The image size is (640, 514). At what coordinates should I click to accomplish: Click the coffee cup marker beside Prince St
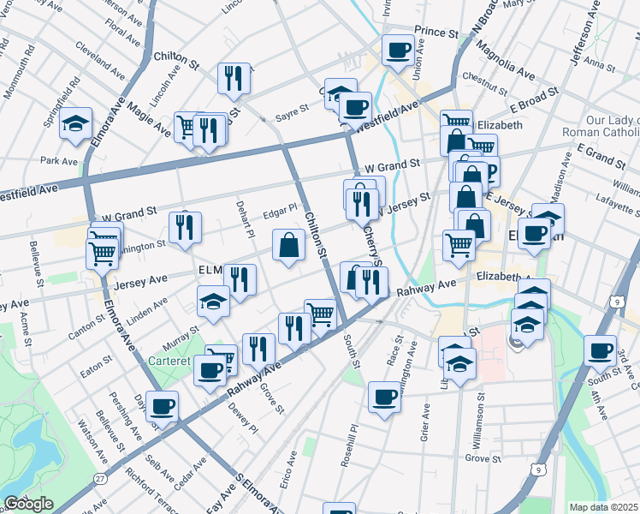pos(398,50)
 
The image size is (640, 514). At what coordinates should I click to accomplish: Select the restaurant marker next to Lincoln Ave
pos(234,78)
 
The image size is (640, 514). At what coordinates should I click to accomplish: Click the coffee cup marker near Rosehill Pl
pos(385,397)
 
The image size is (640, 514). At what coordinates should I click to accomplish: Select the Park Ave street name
pos(59,160)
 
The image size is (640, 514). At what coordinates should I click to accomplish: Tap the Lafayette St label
pos(614,221)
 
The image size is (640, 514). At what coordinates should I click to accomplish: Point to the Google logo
pos(28,504)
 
